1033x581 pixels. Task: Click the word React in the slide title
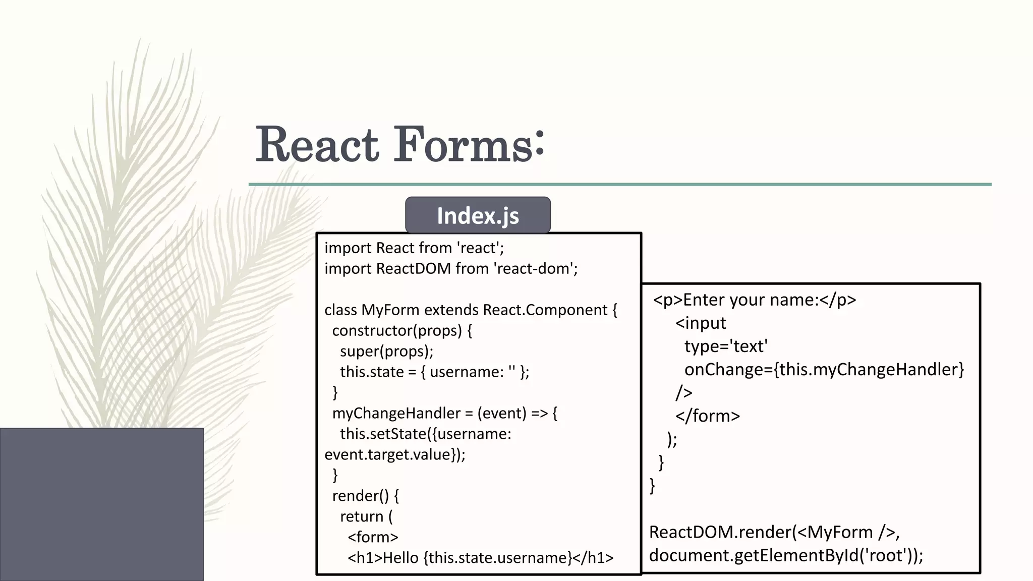(317, 145)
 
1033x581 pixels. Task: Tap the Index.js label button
(478, 215)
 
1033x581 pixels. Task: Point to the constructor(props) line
(402, 330)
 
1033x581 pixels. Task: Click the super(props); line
(386, 351)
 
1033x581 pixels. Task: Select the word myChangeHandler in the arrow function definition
(396, 413)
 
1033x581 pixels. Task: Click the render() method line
(365, 496)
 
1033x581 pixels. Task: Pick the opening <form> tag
(373, 537)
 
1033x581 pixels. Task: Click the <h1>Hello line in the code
(480, 558)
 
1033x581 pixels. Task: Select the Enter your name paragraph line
(755, 300)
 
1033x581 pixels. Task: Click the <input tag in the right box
(701, 323)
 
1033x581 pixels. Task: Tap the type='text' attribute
(726, 346)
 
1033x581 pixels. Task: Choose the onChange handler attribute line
(824, 370)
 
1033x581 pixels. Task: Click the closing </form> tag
(708, 416)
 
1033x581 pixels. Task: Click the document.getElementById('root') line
(785, 555)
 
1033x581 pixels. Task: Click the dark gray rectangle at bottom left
(101, 504)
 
